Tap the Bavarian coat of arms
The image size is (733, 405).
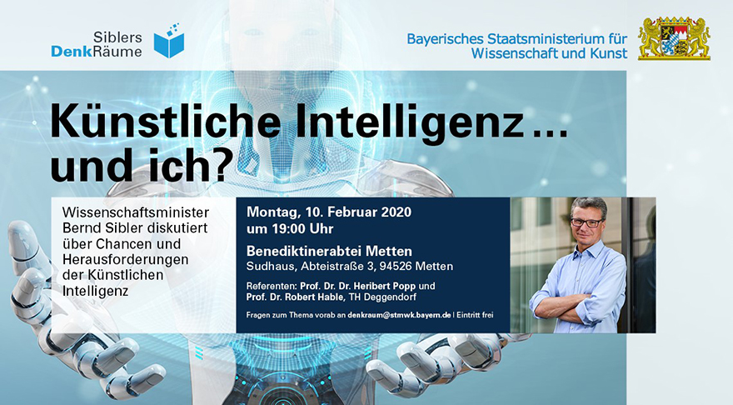674,38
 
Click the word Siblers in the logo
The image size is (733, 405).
117,37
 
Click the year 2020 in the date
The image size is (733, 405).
396,212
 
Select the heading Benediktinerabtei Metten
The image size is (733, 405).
329,251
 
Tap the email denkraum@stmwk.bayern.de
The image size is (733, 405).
399,315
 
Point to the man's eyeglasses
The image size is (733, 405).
586,222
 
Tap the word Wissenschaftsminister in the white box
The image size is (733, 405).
136,212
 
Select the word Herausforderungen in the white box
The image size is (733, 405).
125,259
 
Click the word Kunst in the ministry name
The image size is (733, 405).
609,53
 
